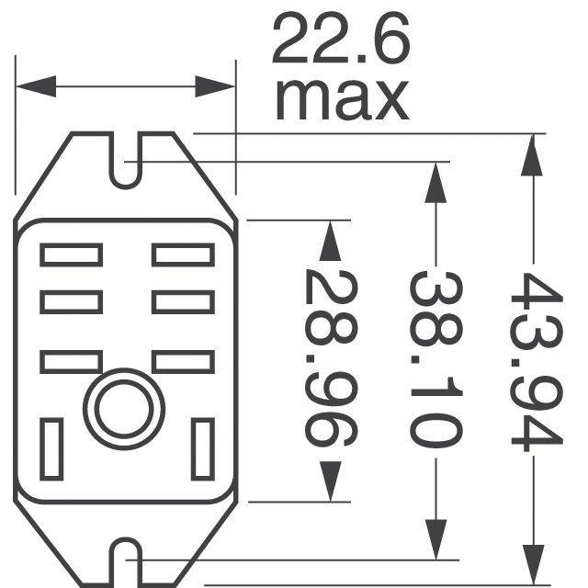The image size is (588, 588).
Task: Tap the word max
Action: click(x=340, y=99)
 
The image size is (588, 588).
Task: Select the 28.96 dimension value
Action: click(x=329, y=358)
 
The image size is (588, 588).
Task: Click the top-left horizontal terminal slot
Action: click(x=70, y=254)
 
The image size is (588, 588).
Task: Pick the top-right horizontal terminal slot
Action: click(x=183, y=254)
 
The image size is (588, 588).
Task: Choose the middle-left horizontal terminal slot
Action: click(x=70, y=300)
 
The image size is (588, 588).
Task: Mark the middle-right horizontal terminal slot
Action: click(x=183, y=300)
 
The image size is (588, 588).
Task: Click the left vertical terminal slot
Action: click(x=51, y=448)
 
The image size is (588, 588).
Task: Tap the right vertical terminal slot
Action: click(x=202, y=448)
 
